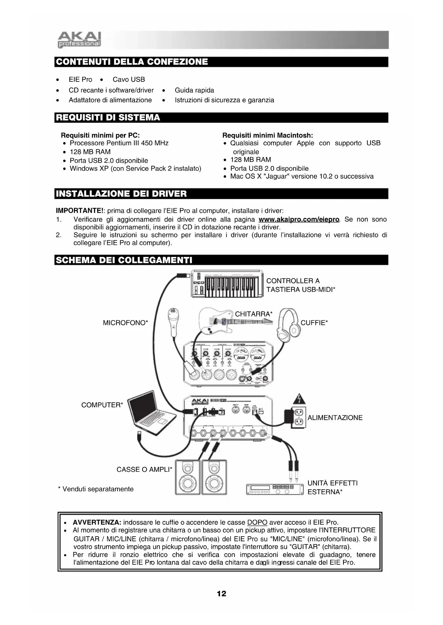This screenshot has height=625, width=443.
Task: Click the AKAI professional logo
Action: pyautogui.click(x=79, y=40)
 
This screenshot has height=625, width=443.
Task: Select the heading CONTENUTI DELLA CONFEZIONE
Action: pyautogui.click(x=132, y=62)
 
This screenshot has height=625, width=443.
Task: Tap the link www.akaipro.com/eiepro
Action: pyautogui.click(x=298, y=219)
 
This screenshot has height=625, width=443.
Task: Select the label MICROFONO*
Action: pyautogui.click(x=125, y=323)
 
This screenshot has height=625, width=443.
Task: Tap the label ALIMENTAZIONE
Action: pyautogui.click(x=335, y=418)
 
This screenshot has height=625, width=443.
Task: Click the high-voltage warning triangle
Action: pyautogui.click(x=299, y=399)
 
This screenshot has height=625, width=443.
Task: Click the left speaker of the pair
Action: pyautogui.click(x=188, y=477)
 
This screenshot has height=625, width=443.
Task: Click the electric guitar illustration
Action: pyautogui.click(x=232, y=320)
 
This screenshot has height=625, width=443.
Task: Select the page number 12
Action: pyautogui.click(x=221, y=593)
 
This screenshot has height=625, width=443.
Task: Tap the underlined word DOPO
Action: pyautogui.click(x=257, y=522)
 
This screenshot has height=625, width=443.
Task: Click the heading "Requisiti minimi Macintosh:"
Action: pyautogui.click(x=267, y=135)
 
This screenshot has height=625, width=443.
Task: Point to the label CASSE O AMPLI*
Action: pyautogui.click(x=144, y=469)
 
